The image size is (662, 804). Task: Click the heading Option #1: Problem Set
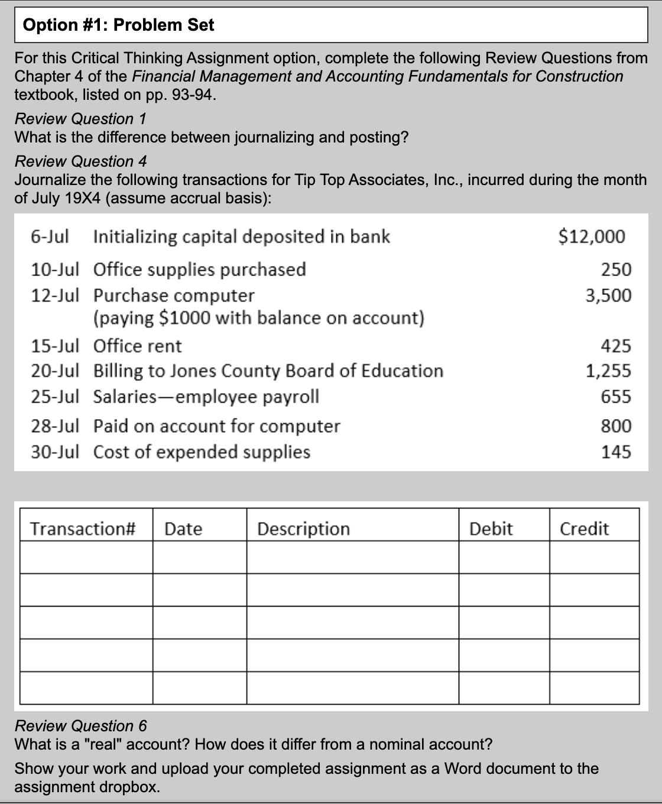(x=118, y=25)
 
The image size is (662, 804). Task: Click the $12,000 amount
(x=592, y=236)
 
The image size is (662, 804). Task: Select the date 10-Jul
(x=54, y=270)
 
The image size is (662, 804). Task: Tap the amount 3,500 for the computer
(x=608, y=295)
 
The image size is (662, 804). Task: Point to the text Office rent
(x=138, y=346)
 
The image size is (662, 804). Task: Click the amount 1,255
(x=608, y=371)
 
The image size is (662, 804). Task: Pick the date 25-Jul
(x=54, y=396)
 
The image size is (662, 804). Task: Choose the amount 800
(x=616, y=426)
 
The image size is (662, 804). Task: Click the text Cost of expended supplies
(x=202, y=452)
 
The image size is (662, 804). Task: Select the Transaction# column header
(x=83, y=528)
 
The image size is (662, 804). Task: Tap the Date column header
(x=183, y=529)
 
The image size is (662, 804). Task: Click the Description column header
(x=304, y=529)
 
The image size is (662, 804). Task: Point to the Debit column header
(x=491, y=529)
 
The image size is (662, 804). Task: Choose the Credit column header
(x=584, y=529)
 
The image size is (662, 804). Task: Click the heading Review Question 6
(x=80, y=725)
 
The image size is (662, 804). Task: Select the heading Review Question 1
(x=80, y=119)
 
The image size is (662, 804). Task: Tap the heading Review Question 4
(x=80, y=161)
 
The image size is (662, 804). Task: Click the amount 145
(x=616, y=452)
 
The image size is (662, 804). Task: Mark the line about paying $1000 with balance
(x=259, y=318)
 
